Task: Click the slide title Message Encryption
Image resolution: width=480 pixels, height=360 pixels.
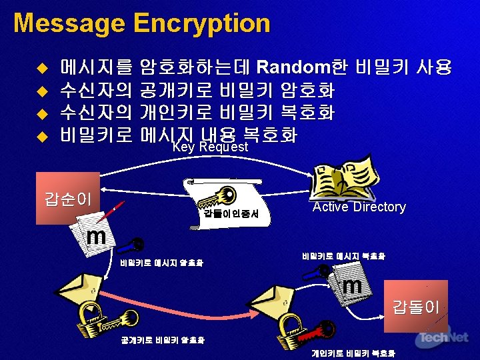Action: point(141,24)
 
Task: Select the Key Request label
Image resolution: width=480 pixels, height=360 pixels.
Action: point(210,147)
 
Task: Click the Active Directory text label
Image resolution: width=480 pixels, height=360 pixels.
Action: point(359,207)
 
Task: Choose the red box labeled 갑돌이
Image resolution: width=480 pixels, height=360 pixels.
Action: point(415,306)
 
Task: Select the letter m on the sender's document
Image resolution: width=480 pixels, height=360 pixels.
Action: point(97,237)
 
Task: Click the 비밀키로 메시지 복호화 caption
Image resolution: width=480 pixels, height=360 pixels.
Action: point(343,256)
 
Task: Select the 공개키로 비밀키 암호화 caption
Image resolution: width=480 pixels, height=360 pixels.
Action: point(163,340)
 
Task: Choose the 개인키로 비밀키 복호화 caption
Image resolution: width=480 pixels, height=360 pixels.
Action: point(353,353)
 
